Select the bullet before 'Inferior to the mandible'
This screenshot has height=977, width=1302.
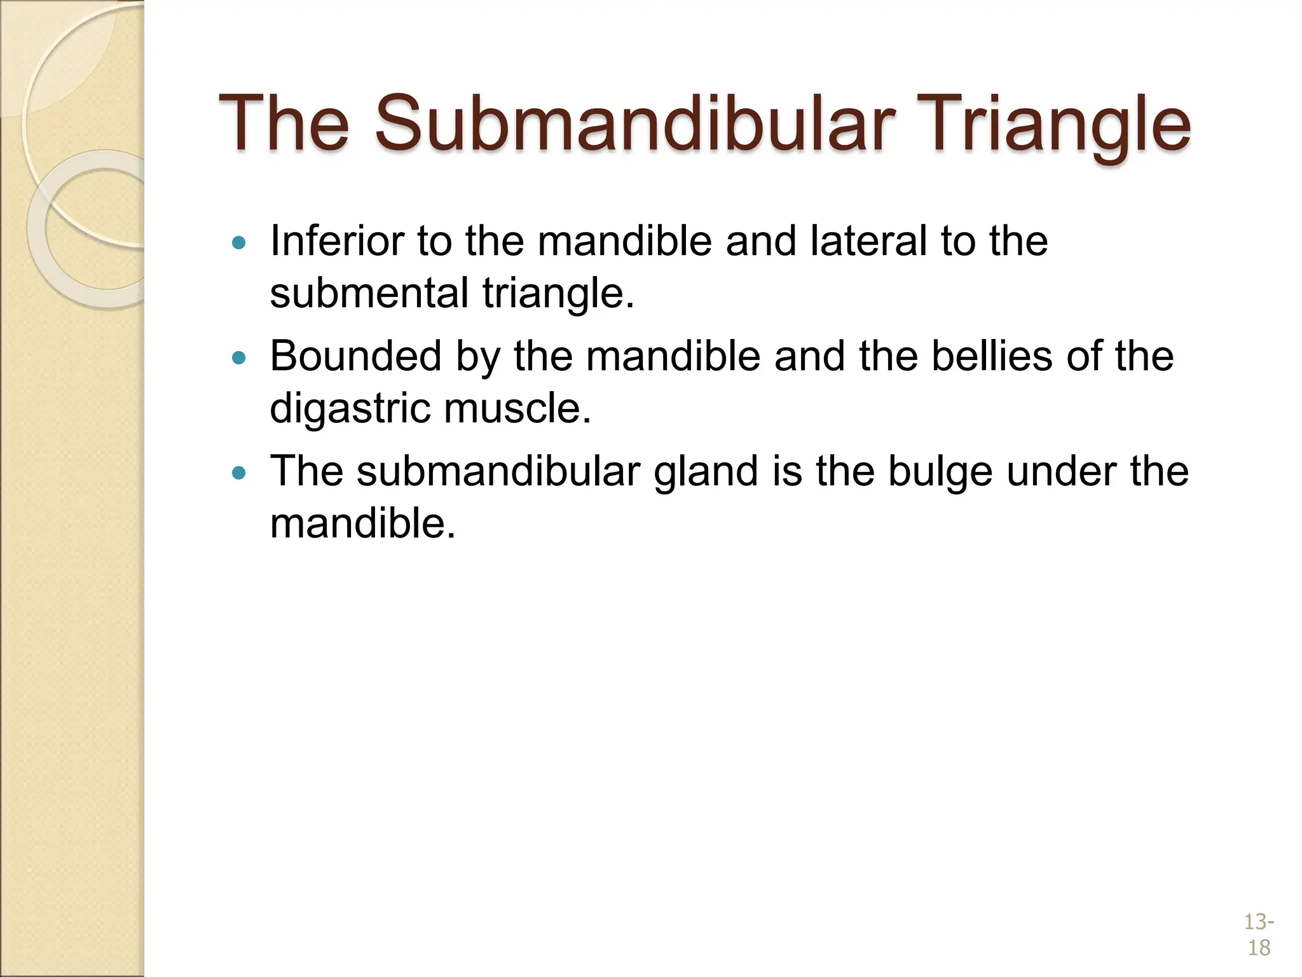pyautogui.click(x=238, y=242)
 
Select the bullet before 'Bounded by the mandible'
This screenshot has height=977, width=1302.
pyautogui.click(x=238, y=357)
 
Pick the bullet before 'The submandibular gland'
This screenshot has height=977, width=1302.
pyautogui.click(x=238, y=473)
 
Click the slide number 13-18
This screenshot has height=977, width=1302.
pyautogui.click(x=1258, y=934)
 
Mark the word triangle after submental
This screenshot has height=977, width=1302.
pyautogui.click(x=558, y=293)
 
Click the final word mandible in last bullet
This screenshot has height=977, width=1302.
pyautogui.click(x=362, y=523)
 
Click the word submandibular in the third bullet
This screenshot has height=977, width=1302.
pyautogui.click(x=498, y=471)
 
